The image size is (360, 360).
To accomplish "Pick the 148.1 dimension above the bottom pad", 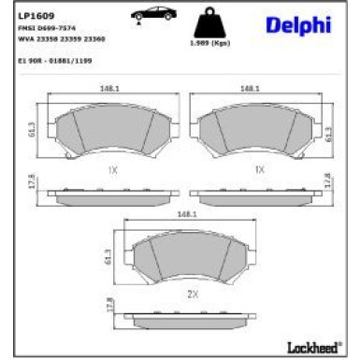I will [186, 214].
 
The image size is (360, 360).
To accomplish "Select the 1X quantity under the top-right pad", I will [259, 170].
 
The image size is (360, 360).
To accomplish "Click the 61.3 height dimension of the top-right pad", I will [331, 134].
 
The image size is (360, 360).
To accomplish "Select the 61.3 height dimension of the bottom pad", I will [110, 253].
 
